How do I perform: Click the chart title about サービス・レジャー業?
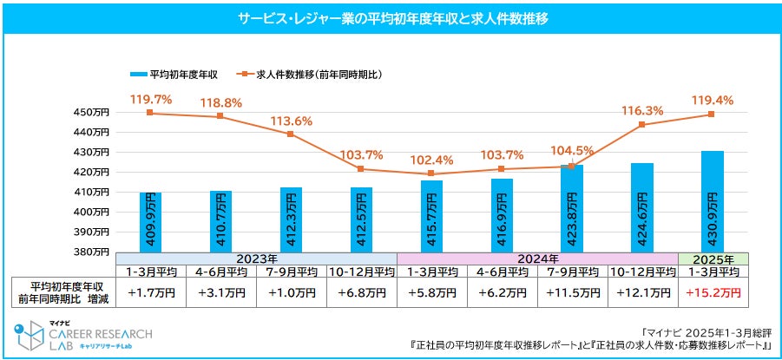pyautogui.click(x=391, y=17)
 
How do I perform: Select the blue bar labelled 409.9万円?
pyautogui.click(x=150, y=222)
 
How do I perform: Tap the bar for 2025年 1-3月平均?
pyautogui.click(x=713, y=201)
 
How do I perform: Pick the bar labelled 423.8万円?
pyautogui.click(x=572, y=208)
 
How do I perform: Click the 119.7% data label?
pyautogui.click(x=150, y=100)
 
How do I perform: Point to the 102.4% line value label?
pyautogui.click(x=431, y=160)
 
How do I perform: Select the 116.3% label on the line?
pyautogui.click(x=642, y=111)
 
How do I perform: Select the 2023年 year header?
pyautogui.click(x=256, y=259)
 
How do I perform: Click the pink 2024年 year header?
pyautogui.click(x=536, y=259)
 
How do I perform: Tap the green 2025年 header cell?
pyautogui.click(x=713, y=259)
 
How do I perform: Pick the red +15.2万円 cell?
pyautogui.click(x=713, y=293)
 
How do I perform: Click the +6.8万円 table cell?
pyautogui.click(x=361, y=293)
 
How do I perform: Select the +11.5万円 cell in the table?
pyautogui.click(x=572, y=293)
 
